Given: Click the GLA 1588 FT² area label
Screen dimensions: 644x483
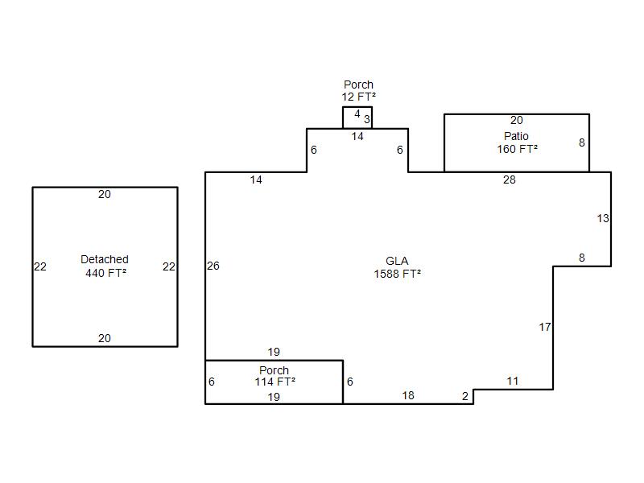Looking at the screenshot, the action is [397, 267].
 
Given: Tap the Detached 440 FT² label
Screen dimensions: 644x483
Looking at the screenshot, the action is [105, 266].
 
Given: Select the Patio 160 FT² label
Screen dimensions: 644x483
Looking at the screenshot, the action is [517, 142].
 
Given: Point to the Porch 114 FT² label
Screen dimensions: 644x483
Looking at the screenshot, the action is [275, 376].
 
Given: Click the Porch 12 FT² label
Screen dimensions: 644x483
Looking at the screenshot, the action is [358, 91].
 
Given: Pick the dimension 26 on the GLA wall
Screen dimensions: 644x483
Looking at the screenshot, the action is [213, 266].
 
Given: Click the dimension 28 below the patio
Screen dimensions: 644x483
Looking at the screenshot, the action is [510, 180].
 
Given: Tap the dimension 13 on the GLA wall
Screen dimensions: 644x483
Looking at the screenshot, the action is [603, 218].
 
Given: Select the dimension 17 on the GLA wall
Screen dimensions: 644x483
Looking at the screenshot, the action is [545, 327].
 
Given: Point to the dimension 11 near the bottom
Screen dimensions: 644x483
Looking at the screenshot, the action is [513, 381].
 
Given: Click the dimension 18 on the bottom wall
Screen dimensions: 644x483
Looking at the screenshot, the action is [408, 395].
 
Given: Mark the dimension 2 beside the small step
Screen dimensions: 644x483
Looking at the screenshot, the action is [465, 396].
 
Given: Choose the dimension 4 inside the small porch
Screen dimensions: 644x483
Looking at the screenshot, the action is [357, 114].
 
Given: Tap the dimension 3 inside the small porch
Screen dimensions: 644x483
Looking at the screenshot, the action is [367, 119].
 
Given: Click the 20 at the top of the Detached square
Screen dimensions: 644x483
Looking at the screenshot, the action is [105, 194].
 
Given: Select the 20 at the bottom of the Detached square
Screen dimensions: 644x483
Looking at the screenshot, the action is [105, 338].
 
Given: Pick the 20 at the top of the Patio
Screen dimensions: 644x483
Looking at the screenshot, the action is [517, 120].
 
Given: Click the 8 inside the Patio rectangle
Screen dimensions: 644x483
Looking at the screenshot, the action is [581, 142].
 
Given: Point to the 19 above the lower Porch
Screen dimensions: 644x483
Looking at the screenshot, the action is [274, 352].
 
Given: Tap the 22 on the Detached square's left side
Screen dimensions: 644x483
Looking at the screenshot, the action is [40, 266].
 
